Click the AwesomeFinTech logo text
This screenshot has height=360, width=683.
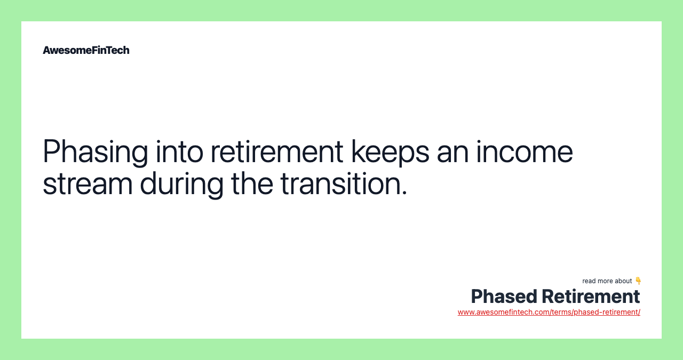click(x=86, y=50)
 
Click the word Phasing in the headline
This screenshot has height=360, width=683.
click(x=95, y=151)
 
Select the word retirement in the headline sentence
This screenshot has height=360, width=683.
click(x=276, y=151)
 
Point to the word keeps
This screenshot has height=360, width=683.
click(x=390, y=151)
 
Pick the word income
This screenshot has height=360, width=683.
click(x=525, y=151)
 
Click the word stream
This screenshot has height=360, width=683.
click(x=88, y=183)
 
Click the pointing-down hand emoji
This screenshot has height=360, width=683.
click(x=638, y=281)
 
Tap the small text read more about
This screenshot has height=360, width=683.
click(x=607, y=281)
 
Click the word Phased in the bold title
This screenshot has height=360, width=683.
click(x=503, y=297)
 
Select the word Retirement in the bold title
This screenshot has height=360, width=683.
click(x=591, y=297)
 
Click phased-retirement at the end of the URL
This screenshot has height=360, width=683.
click(x=607, y=312)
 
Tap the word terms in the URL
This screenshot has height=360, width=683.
click(x=561, y=312)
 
